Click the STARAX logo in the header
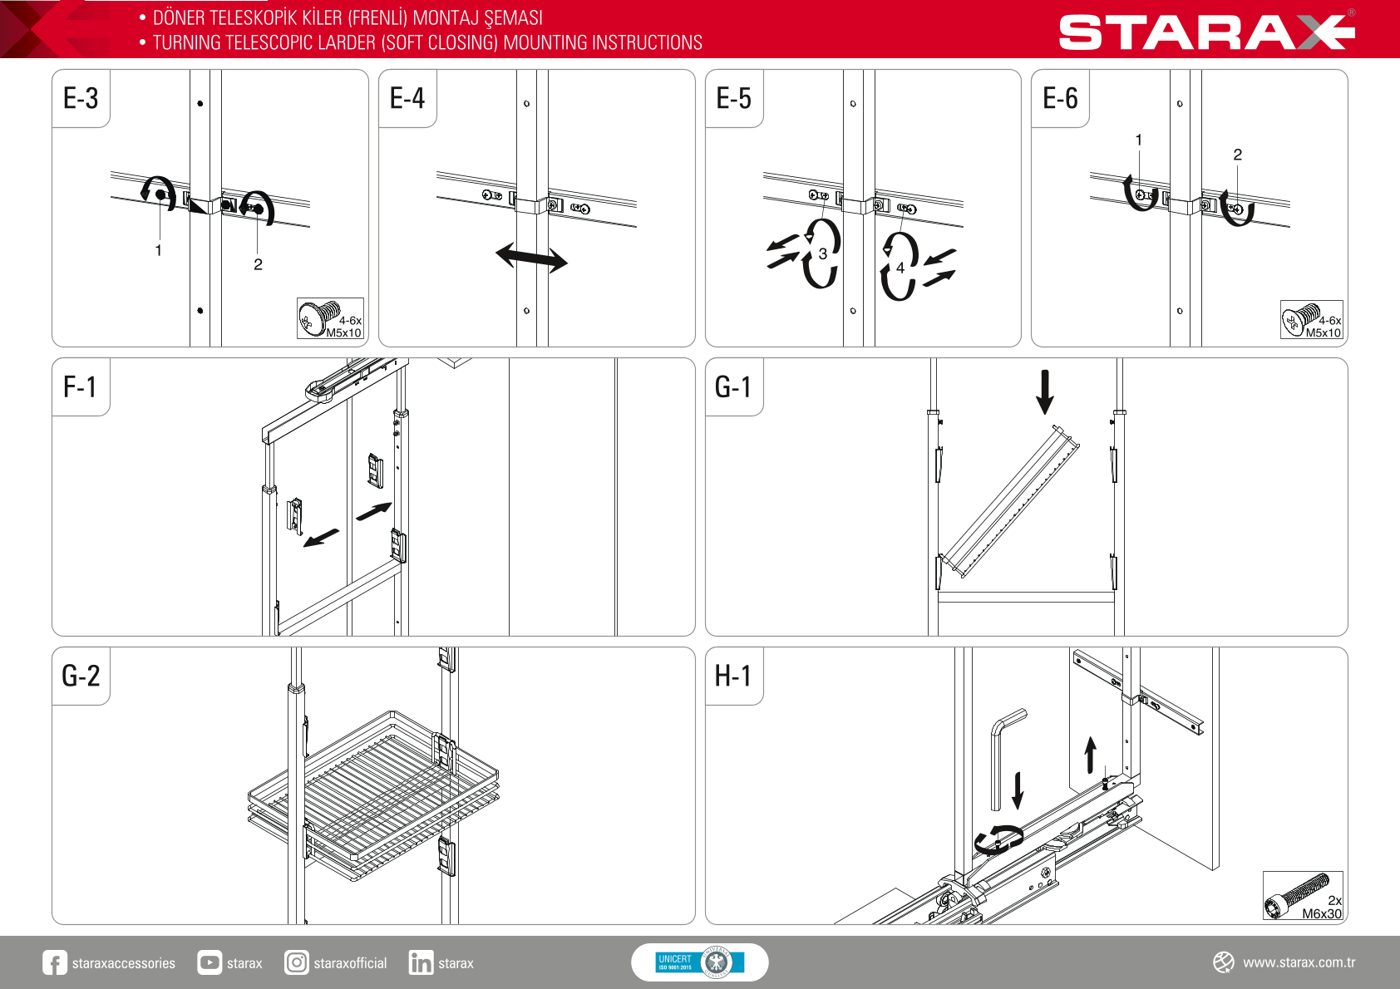(1206, 32)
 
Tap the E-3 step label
(81, 99)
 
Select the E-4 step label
(407, 99)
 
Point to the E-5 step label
(734, 99)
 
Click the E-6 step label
(1060, 99)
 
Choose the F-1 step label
(79, 386)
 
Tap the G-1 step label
(732, 386)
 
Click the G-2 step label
(81, 676)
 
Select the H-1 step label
(732, 676)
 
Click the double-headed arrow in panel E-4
(531, 258)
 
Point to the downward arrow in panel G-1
(1044, 391)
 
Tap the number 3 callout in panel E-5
(822, 253)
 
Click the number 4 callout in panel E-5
(900, 268)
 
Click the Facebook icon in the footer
(54, 962)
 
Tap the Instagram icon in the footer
(296, 962)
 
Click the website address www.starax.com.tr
(1299, 962)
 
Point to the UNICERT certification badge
(699, 962)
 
